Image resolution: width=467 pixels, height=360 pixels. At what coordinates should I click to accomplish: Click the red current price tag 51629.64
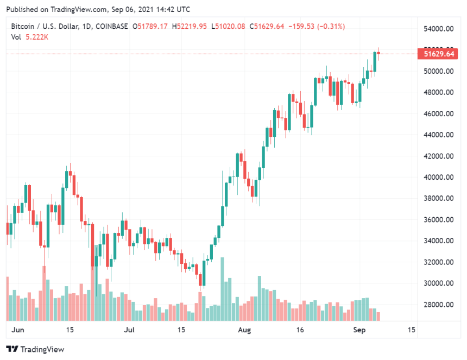pos(439,53)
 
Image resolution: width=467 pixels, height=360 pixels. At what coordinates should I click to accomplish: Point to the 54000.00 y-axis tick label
pos(439,29)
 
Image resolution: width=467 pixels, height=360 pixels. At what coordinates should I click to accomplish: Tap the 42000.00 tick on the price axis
pos(439,156)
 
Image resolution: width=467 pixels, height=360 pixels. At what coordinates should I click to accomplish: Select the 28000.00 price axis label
pos(439,305)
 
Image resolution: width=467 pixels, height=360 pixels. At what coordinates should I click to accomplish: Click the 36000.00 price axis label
pos(439,220)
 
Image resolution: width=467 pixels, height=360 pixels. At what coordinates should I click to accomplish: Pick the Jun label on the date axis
pos(18,330)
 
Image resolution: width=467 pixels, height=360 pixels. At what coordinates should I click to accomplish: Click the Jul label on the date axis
pos(129,330)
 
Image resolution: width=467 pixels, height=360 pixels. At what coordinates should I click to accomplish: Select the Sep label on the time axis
pos(359,330)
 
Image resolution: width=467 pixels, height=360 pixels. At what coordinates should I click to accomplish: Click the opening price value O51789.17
pos(154,26)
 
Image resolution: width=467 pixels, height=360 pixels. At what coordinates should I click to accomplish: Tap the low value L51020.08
pos(230,26)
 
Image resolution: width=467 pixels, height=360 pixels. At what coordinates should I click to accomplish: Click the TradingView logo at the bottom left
pos(35,349)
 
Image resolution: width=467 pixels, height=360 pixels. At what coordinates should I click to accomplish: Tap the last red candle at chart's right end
pos(378,53)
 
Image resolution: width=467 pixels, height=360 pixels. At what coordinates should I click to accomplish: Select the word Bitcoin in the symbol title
pos(23,26)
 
